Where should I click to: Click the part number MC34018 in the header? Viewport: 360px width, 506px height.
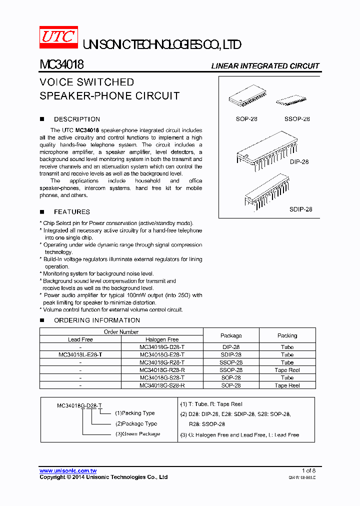(61, 65)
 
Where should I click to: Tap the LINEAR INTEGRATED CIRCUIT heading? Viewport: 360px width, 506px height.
(265, 66)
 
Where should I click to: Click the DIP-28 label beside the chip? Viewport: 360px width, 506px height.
(299, 162)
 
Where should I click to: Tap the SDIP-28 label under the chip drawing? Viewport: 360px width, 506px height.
(300, 209)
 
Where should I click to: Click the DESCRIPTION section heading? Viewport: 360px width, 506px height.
(76, 119)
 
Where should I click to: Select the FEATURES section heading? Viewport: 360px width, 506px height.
(71, 212)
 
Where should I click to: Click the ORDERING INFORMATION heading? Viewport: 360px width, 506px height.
(96, 320)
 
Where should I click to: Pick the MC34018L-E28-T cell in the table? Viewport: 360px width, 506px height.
(80, 354)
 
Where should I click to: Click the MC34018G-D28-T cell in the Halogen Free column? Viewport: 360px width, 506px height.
(162, 347)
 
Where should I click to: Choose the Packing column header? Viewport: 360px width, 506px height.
(287, 335)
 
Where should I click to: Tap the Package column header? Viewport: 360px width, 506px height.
(231, 335)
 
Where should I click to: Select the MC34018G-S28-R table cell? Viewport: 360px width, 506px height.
(162, 385)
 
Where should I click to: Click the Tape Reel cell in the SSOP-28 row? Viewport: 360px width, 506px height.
(287, 370)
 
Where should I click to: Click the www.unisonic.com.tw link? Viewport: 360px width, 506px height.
(68, 471)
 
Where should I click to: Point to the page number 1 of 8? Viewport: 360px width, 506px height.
(308, 471)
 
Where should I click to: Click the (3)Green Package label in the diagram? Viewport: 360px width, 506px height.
(137, 434)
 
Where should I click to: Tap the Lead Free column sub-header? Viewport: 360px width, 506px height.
(80, 339)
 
